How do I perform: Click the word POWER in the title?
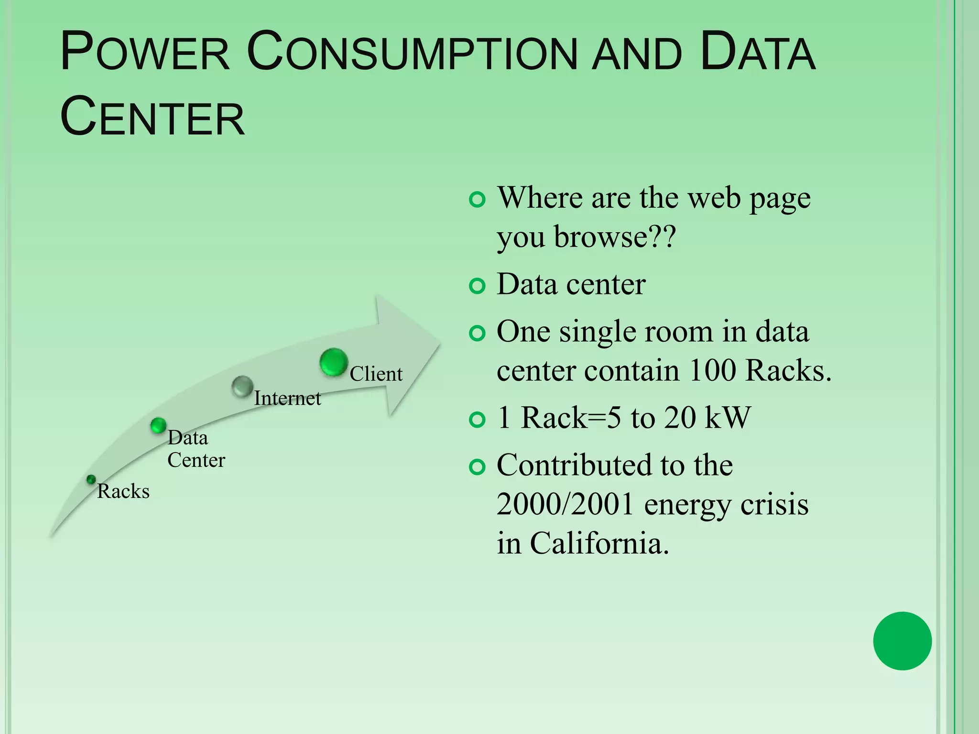[145, 52]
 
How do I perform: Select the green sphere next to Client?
[333, 362]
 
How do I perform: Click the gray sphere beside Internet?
[242, 387]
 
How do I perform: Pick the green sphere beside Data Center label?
[158, 425]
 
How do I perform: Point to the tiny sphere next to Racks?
[91, 479]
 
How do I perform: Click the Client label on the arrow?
[376, 374]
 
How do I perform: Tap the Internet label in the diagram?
[287, 398]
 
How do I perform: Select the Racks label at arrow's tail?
[123, 491]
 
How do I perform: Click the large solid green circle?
[902, 641]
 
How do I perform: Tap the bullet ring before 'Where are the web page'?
[477, 199]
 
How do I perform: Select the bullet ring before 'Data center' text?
[477, 286]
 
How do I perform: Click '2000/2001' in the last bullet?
[565, 505]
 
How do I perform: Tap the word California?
[599, 544]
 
